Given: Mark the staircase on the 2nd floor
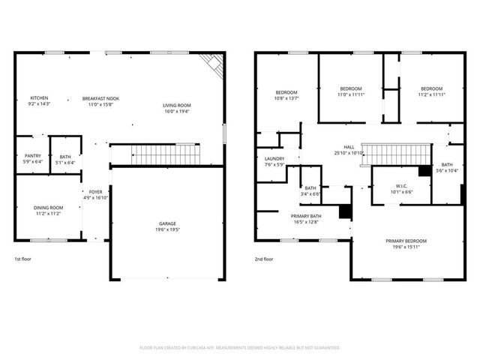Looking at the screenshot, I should pyautogui.click(x=388, y=155).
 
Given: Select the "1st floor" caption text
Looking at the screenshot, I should pyautogui.click(x=22, y=259).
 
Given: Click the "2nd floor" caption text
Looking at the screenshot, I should pyautogui.click(x=265, y=259).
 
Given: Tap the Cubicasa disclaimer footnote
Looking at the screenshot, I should pyautogui.click(x=240, y=348).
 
